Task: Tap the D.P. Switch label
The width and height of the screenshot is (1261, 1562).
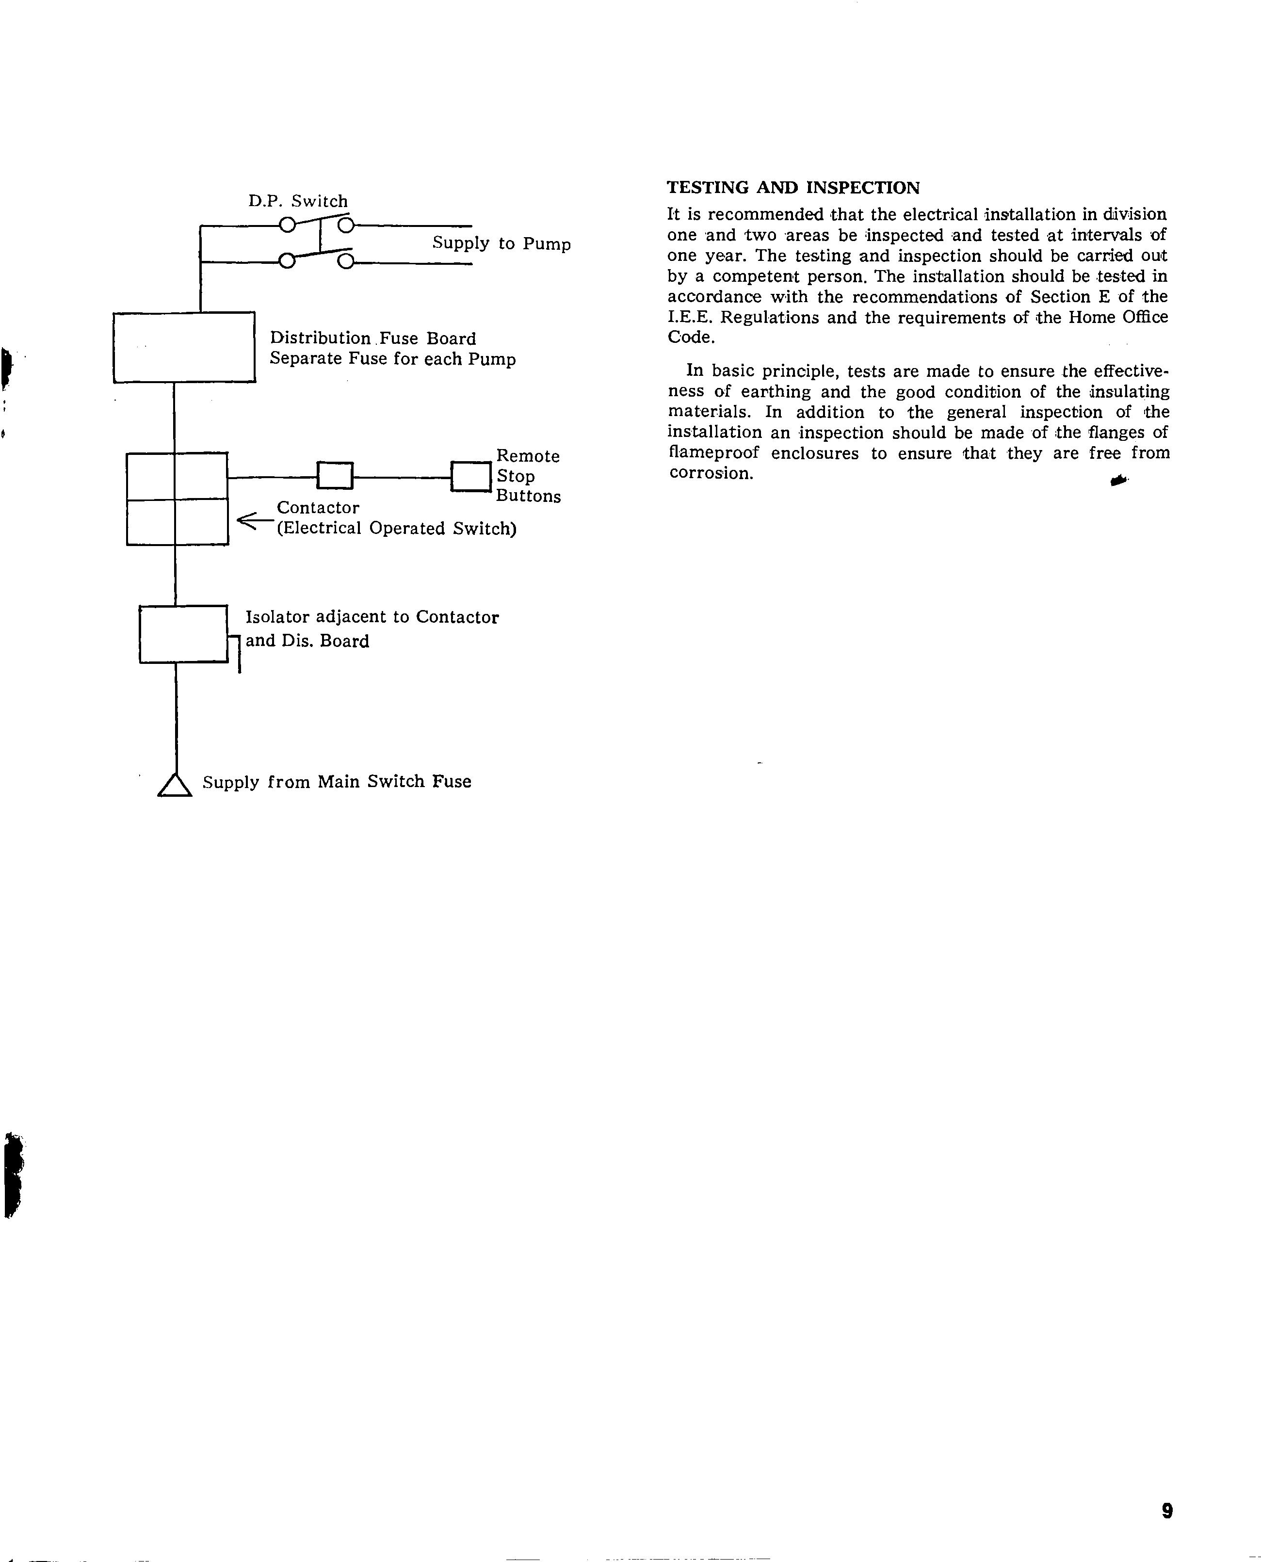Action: tap(298, 201)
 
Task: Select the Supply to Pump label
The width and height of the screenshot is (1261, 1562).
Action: tap(501, 243)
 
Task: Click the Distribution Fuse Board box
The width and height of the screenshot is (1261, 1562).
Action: tap(184, 347)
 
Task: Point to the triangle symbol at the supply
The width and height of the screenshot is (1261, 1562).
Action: tap(174, 785)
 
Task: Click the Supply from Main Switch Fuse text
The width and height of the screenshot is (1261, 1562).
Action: tap(336, 782)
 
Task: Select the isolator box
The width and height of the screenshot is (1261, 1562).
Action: tap(183, 634)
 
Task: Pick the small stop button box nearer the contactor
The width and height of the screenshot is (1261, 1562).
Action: tap(335, 476)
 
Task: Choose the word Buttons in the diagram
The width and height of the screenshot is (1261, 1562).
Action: tap(528, 497)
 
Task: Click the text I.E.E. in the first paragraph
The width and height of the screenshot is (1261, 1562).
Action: tap(689, 317)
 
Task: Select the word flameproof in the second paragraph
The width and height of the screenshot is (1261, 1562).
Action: tap(713, 453)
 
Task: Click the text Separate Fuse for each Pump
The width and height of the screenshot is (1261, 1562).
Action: tap(392, 359)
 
